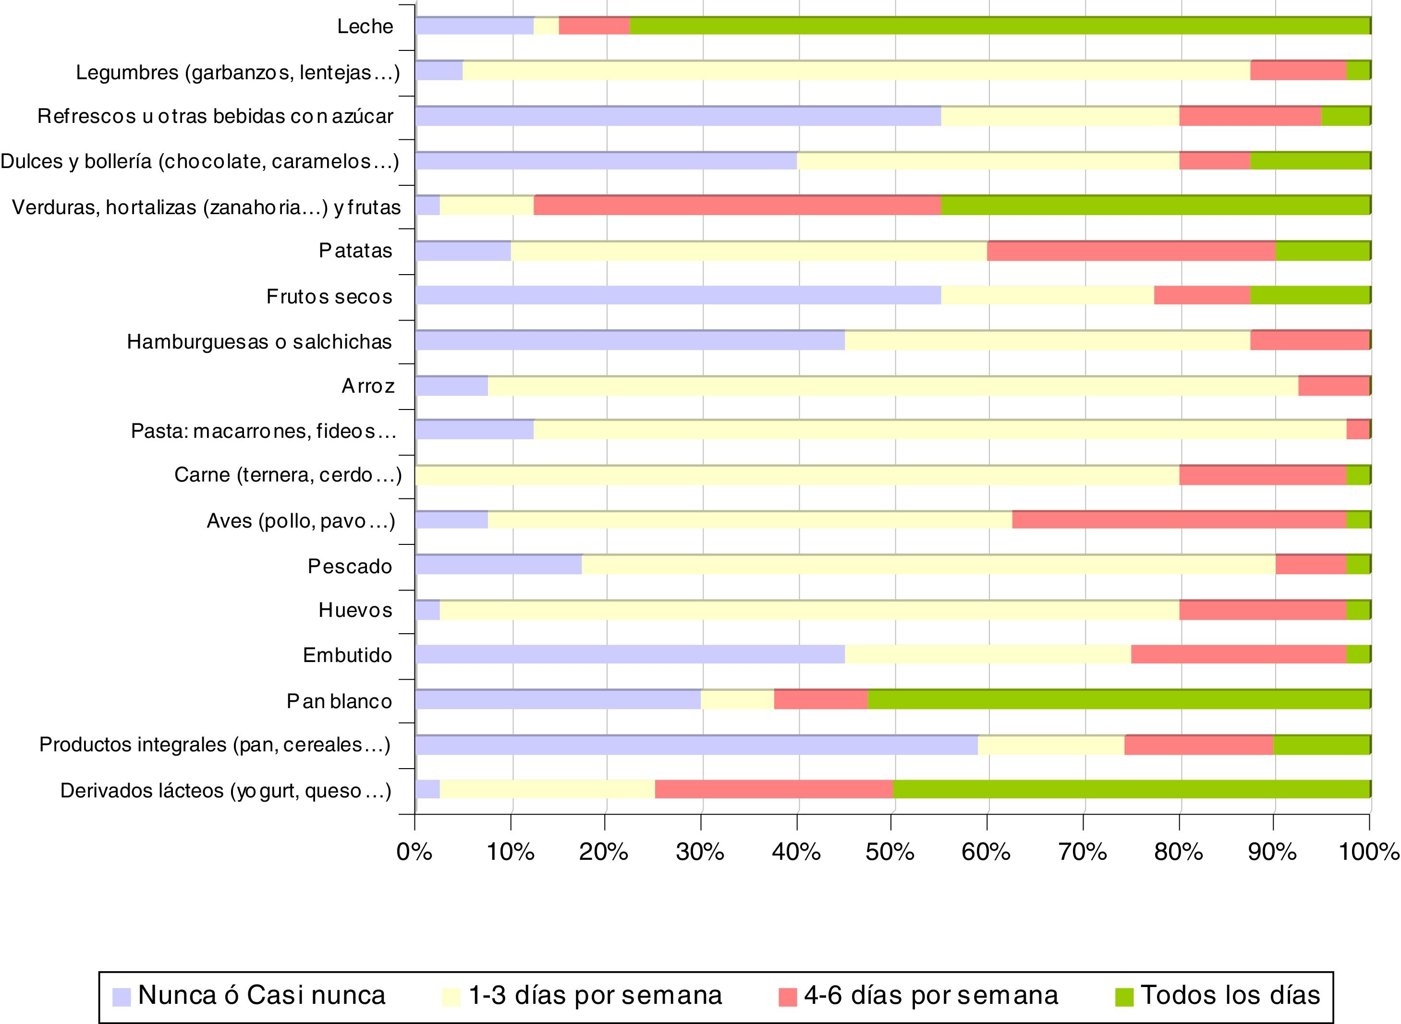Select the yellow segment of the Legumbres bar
[856, 71]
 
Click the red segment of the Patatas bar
[1131, 251]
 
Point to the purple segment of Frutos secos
[678, 296]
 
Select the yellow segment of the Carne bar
[797, 475]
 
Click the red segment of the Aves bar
[1179, 520]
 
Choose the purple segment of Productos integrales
[696, 745]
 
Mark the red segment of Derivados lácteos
[773, 790]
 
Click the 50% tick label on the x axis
[890, 852]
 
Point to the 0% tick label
[414, 852]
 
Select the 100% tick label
[1369, 852]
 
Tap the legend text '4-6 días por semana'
[931, 996]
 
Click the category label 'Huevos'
[355, 611]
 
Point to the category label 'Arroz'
[368, 386]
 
